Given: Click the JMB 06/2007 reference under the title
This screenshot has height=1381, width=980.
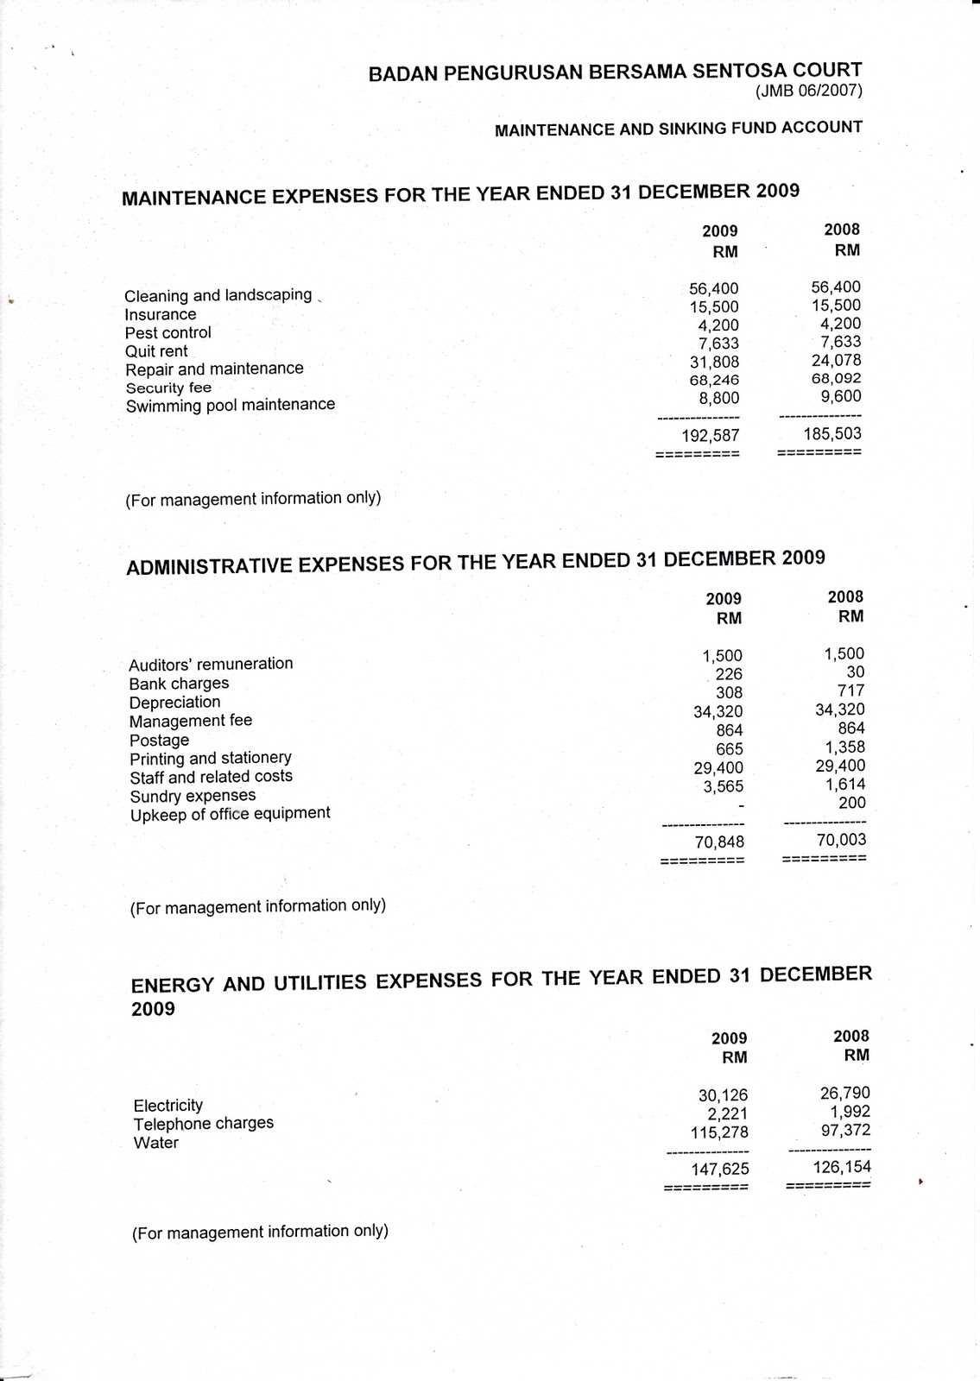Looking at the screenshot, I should click(x=808, y=91).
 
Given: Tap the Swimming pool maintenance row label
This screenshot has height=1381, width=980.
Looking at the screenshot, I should click(x=231, y=405).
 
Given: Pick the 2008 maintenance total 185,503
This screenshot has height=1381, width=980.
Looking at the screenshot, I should click(x=831, y=433).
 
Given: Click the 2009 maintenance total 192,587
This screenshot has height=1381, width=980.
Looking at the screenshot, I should click(x=710, y=436).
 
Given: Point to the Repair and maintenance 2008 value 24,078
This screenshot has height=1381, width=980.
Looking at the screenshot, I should click(x=836, y=360).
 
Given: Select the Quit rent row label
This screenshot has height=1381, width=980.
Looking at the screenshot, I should click(x=156, y=351).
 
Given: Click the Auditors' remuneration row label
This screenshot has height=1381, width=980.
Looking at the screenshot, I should click(x=211, y=664).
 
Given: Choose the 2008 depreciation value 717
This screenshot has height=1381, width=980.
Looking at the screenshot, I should click(x=850, y=690).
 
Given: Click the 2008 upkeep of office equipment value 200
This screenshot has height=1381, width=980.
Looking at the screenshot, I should click(x=851, y=803).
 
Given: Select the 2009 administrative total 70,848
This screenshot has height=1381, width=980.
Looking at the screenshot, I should click(x=719, y=842).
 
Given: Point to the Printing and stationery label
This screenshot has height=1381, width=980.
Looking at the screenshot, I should click(x=211, y=758).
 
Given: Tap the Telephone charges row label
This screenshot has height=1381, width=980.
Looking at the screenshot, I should click(x=204, y=1124).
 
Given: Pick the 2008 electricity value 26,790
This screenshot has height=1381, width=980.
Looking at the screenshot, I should click(x=844, y=1094).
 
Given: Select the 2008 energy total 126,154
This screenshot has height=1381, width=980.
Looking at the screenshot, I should click(x=841, y=1168).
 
